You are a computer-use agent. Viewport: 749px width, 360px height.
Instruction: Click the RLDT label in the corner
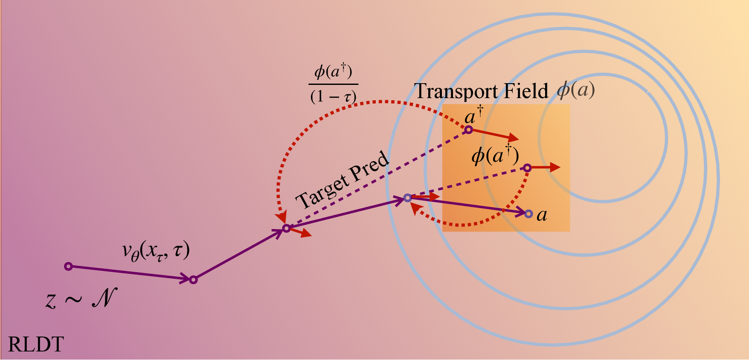(x=36, y=344)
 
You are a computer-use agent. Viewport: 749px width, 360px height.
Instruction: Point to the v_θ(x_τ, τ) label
(x=156, y=251)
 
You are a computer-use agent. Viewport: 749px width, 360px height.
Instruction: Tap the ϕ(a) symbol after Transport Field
(x=576, y=90)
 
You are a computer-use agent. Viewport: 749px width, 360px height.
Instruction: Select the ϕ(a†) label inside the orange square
(x=495, y=156)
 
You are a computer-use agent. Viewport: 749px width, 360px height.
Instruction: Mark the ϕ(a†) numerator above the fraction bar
(x=333, y=71)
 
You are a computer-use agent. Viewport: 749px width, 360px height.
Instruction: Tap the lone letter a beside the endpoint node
(x=542, y=215)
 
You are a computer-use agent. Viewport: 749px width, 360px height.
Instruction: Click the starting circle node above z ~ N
(x=68, y=267)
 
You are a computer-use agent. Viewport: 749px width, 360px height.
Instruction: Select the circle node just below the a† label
(x=468, y=130)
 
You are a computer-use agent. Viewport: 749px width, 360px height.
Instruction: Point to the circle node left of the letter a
(x=528, y=214)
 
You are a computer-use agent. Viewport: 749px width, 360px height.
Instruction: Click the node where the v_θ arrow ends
(x=193, y=280)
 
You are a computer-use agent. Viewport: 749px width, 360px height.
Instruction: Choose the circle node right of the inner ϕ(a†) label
(x=527, y=168)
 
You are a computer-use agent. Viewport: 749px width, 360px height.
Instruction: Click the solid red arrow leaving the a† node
(x=494, y=134)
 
